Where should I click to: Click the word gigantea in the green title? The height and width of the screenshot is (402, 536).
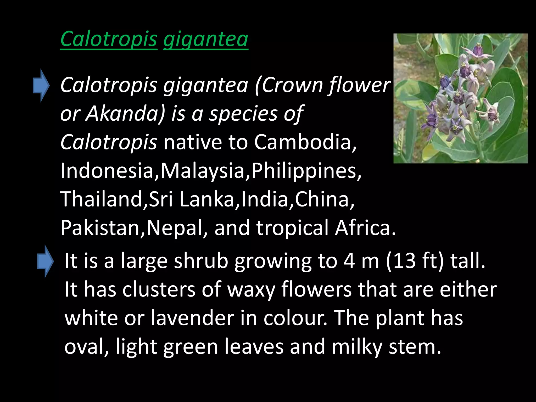tap(206, 39)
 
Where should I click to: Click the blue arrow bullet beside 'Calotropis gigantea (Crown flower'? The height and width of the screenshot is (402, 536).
tap(41, 85)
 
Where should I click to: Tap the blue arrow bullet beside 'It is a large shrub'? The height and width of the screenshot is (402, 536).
tap(45, 261)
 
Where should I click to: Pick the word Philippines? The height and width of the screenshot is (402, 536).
tap(306, 171)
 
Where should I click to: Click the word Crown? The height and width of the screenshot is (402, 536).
tap(293, 85)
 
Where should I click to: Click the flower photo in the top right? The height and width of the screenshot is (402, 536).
tap(460, 98)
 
